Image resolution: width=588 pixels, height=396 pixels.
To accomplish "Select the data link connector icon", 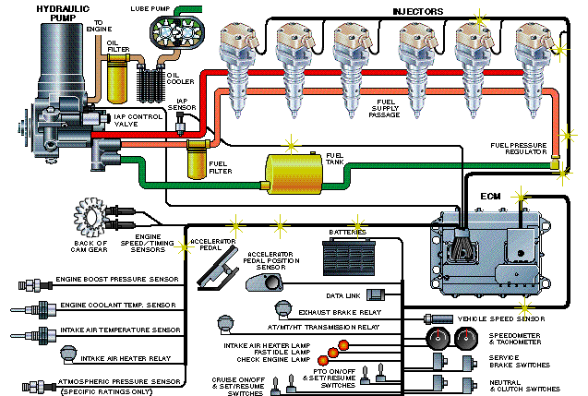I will tap(376, 294).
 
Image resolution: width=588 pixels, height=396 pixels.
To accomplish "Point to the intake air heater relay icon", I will tap(66, 353).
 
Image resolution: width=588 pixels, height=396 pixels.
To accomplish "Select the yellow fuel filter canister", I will tap(196, 163).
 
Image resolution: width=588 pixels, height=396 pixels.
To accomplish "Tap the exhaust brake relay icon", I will tap(282, 311).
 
